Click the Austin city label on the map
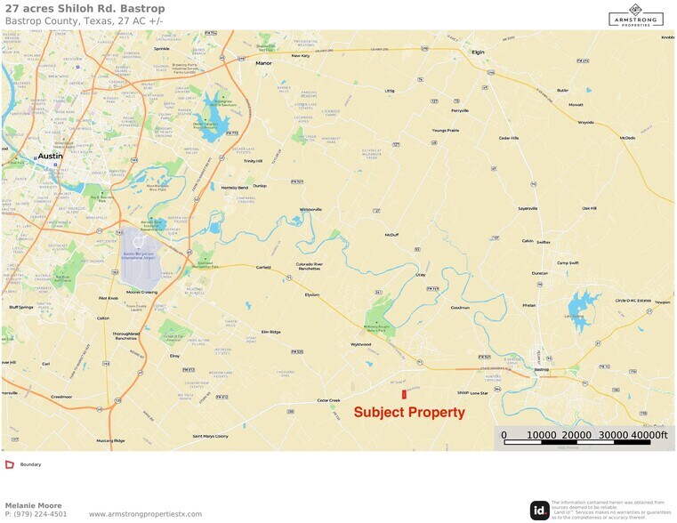point(50,156)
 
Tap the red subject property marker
point(404,393)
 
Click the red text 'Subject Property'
point(409,413)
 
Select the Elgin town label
point(479,52)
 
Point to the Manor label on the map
point(263,64)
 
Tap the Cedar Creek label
point(329,400)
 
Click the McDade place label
point(628,138)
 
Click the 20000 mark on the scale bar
point(577,435)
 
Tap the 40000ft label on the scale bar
point(650,435)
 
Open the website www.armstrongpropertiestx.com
point(146,514)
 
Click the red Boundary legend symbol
point(9,464)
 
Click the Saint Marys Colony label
point(210,437)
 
